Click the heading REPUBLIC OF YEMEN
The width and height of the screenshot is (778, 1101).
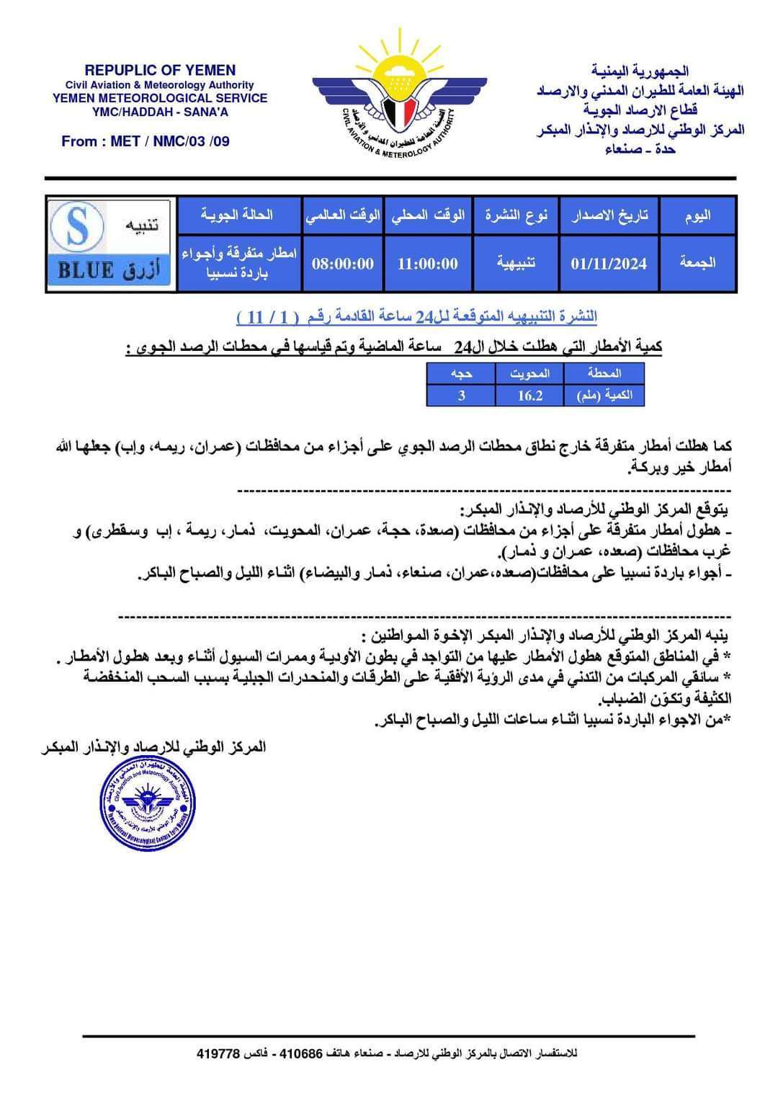point(160,70)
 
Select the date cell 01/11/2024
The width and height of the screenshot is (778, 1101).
point(609,264)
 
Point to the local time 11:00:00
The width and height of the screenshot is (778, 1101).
point(428,264)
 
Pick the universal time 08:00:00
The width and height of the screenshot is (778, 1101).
point(343,264)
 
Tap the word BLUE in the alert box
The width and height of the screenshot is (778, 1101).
point(86,271)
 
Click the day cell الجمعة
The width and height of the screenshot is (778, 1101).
point(697,262)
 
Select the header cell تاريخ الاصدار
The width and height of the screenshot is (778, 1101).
point(609,215)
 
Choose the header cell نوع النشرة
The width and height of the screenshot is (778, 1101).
point(516,215)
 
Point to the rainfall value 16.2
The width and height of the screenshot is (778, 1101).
point(529,395)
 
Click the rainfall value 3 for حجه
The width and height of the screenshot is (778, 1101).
point(461,395)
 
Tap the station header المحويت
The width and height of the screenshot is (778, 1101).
point(529,373)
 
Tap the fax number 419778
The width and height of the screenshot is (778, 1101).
point(218,1053)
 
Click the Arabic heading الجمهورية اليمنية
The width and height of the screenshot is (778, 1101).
point(640,71)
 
